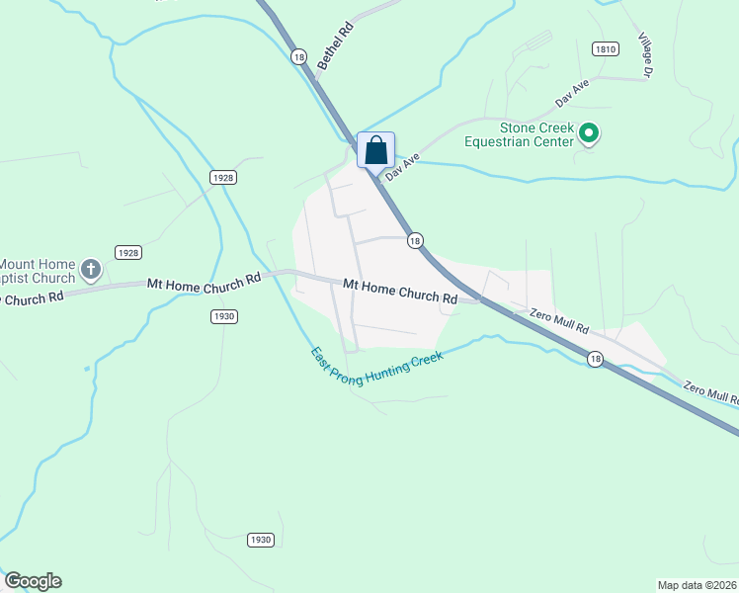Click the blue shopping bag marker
click(375, 150)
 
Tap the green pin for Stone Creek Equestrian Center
click(590, 131)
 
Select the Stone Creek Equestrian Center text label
click(523, 135)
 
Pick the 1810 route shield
click(606, 48)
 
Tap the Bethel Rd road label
click(336, 46)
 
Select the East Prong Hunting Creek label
click(376, 365)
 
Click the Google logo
click(33, 581)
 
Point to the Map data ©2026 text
click(697, 584)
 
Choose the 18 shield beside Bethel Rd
click(298, 57)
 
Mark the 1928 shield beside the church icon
click(127, 252)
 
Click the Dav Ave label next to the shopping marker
click(403, 165)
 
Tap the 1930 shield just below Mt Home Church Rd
click(224, 316)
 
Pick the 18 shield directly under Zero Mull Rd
click(594, 359)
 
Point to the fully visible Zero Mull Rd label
click(559, 320)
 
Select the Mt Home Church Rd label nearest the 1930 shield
click(204, 282)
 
